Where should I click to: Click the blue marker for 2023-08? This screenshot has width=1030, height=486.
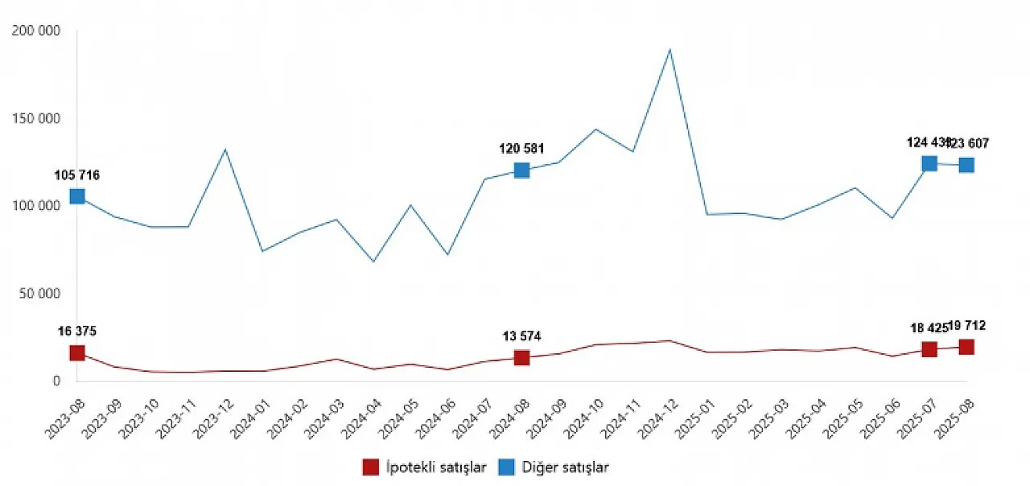(77, 196)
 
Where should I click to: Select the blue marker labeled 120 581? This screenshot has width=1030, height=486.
(521, 171)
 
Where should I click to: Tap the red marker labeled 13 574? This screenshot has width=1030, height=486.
(521, 357)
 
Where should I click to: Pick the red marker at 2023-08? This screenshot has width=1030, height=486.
(77, 352)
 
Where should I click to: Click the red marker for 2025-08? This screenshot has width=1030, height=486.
(966, 347)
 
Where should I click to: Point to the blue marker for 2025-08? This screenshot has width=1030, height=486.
(966, 165)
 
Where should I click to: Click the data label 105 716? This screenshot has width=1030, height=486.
(77, 175)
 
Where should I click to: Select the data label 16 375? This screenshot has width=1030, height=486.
(77, 332)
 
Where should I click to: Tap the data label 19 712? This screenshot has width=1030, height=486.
(966, 326)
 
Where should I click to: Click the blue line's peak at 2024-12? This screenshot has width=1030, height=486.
(669, 50)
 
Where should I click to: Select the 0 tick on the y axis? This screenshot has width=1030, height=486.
(56, 381)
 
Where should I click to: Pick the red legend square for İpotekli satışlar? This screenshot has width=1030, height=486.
(371, 467)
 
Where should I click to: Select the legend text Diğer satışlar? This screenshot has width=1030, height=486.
(566, 467)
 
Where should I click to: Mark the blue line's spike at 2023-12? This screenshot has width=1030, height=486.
(225, 150)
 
